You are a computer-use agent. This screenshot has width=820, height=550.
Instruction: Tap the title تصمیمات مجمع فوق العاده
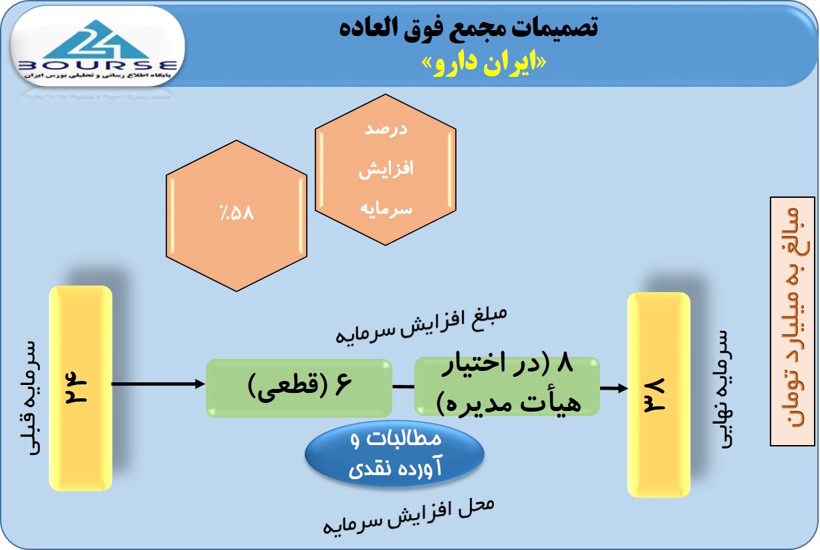coord(468,27)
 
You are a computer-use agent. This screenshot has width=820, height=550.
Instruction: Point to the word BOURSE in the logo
coord(98,66)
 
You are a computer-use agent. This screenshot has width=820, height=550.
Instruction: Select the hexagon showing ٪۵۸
coord(237,216)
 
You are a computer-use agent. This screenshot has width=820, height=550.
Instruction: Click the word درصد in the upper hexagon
coord(386,129)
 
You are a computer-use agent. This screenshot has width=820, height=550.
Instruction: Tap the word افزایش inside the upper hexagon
coord(386,169)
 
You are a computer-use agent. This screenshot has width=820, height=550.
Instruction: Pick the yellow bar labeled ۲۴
coord(81,388)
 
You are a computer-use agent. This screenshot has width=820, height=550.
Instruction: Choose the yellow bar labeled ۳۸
coord(659,395)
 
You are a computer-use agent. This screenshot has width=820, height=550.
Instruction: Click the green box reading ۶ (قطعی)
coord(299,388)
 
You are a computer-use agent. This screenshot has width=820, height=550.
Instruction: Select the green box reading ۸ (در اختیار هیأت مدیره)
coord(507,386)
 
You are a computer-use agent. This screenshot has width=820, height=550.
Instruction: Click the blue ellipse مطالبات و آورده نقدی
coord(394,454)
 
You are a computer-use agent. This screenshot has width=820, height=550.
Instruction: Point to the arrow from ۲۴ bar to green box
coord(158,384)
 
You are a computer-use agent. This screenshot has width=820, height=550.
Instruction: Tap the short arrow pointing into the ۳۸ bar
coord(614,388)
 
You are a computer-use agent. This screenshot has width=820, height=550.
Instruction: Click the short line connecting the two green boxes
coord(404,386)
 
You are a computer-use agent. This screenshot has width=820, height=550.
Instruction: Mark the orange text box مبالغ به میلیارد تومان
coord(793,321)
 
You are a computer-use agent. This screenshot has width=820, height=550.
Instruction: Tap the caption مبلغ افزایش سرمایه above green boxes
coord(421,326)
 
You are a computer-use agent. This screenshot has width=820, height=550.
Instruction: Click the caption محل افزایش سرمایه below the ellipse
coord(408,515)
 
